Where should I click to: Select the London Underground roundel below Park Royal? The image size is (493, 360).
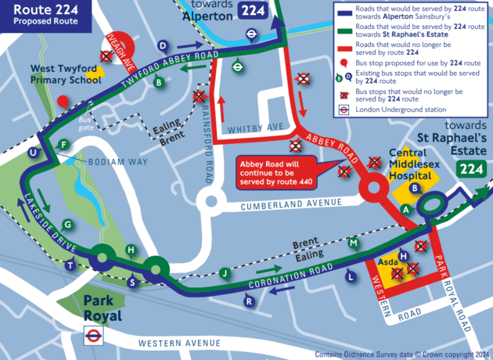tap(93, 337)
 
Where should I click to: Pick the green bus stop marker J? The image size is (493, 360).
tap(225, 273)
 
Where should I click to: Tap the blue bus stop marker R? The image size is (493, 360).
tap(249, 301)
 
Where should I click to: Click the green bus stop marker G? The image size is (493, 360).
tap(68, 225)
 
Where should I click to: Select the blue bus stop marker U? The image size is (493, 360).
tap(32, 152)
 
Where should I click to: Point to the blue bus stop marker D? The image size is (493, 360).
tap(162, 46)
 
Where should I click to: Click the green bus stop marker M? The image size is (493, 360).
tap(354, 243)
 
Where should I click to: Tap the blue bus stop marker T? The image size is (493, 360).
tap(72, 266)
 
